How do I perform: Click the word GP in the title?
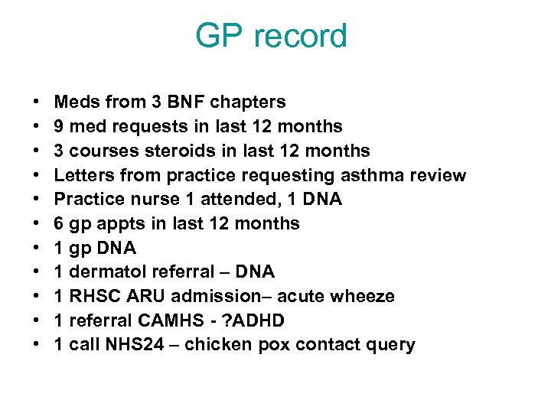pos(218,36)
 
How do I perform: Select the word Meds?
pos(77,102)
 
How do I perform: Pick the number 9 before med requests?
pos(60,126)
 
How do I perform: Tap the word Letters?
pos(83,175)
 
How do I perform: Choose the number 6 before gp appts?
pos(60,223)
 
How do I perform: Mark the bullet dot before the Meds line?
pos(36,102)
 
